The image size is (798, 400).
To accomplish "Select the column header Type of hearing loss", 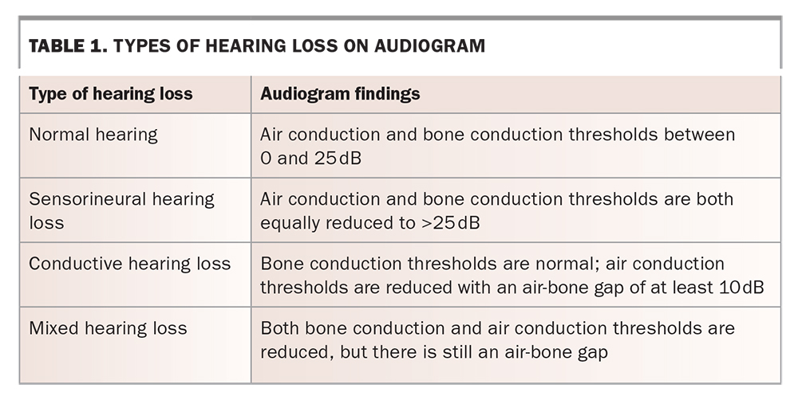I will (111, 94).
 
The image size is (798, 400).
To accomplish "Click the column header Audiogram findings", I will (340, 94).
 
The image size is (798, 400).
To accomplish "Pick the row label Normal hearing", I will (93, 135).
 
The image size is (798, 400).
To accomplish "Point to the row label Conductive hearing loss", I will (130, 264).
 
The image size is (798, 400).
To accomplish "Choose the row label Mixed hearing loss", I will (108, 328).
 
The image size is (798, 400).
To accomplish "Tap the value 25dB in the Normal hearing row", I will (338, 158).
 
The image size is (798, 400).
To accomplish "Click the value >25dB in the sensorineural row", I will (449, 222).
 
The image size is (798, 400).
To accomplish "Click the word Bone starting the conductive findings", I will (281, 264).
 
